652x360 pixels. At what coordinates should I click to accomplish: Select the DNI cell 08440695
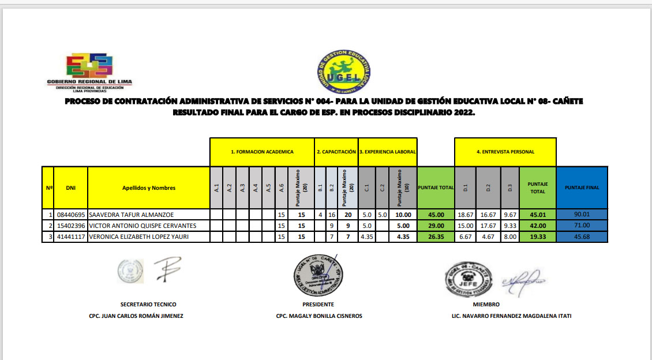tap(71, 215)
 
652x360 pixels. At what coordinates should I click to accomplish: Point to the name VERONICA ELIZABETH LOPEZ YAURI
tap(140, 236)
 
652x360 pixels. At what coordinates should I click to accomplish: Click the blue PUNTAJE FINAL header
tap(582, 187)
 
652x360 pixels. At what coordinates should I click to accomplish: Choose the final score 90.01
tap(582, 215)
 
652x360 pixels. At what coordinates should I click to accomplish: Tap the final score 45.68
tap(582, 236)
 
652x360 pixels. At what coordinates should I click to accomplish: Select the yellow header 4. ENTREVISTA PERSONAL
tap(505, 152)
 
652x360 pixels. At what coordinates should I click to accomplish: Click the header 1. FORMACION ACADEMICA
tap(262, 152)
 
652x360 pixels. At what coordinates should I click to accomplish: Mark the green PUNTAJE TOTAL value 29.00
tap(436, 225)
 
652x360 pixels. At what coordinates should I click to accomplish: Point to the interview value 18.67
tap(466, 215)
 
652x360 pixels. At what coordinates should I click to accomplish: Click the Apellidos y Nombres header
tap(148, 187)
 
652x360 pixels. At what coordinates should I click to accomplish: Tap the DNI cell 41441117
tap(71, 236)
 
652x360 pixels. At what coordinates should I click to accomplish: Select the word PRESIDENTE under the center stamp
tap(318, 304)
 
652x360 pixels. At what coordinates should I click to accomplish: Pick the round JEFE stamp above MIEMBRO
tap(468, 278)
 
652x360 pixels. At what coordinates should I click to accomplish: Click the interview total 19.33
tap(538, 236)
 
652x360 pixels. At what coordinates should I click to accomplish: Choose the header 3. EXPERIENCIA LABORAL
tap(388, 152)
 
